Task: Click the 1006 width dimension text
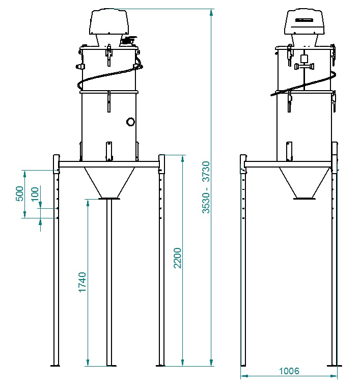[x=289, y=371]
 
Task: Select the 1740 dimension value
[x=82, y=282]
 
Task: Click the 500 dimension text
[x=20, y=193]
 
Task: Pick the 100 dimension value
[x=35, y=195]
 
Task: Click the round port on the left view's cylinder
[x=130, y=122]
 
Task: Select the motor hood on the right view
[x=304, y=21]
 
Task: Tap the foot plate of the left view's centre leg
[x=109, y=366]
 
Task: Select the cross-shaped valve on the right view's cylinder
[x=303, y=65]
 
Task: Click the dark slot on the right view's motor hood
[x=304, y=20]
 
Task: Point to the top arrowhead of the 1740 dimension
[x=88, y=202]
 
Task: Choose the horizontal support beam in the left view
[x=109, y=164]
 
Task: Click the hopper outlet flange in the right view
[x=304, y=198]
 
